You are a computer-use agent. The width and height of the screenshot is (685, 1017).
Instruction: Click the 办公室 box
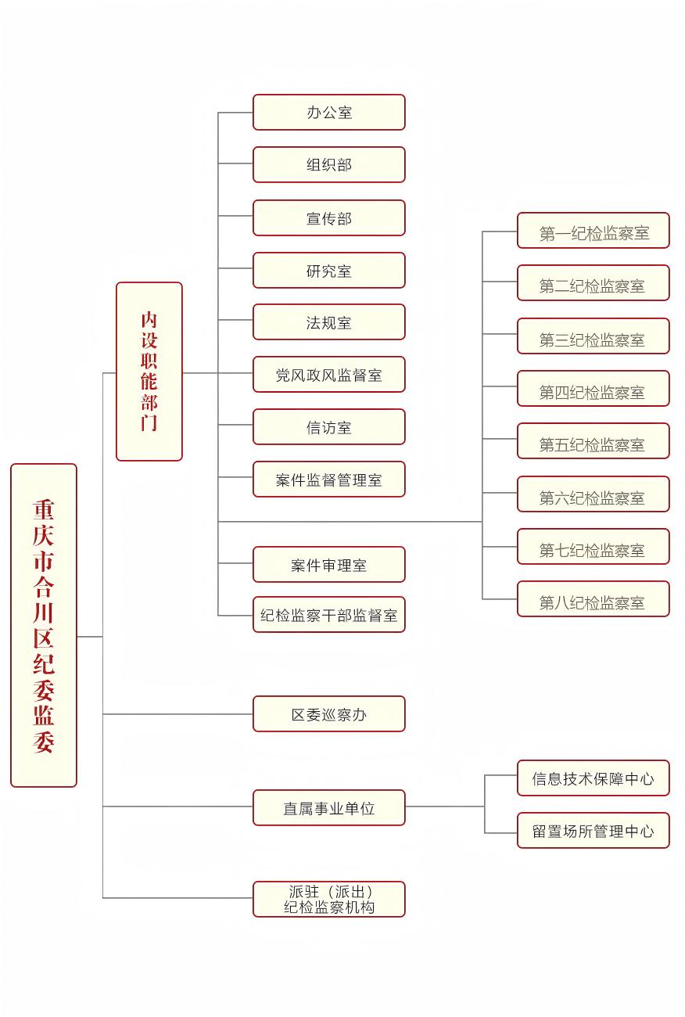328,113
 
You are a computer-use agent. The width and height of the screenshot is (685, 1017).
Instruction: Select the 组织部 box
328,165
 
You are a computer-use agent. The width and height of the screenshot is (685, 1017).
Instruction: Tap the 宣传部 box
328,218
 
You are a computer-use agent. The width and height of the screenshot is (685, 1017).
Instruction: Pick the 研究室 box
328,271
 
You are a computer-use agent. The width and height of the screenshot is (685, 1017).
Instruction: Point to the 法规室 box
328,322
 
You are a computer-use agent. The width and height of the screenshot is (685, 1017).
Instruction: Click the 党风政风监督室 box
328,375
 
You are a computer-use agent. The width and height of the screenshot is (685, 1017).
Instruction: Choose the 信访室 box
328,427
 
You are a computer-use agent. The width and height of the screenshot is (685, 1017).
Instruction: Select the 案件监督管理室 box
328,480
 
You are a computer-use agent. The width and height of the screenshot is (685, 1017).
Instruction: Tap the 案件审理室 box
328,565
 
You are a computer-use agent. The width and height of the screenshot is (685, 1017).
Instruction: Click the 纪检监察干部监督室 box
328,615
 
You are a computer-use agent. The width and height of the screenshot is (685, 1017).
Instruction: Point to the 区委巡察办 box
328,714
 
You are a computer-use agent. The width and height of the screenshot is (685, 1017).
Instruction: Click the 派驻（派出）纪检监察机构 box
328,900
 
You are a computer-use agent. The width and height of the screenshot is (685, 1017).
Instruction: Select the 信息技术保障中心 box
593,778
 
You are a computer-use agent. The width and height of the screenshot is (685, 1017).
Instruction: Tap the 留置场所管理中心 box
593,831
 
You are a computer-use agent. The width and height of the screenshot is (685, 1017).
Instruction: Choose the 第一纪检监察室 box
593,231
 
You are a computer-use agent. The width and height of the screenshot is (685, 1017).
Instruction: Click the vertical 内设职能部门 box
149,372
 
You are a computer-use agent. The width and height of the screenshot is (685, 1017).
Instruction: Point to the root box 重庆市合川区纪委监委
44,626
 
